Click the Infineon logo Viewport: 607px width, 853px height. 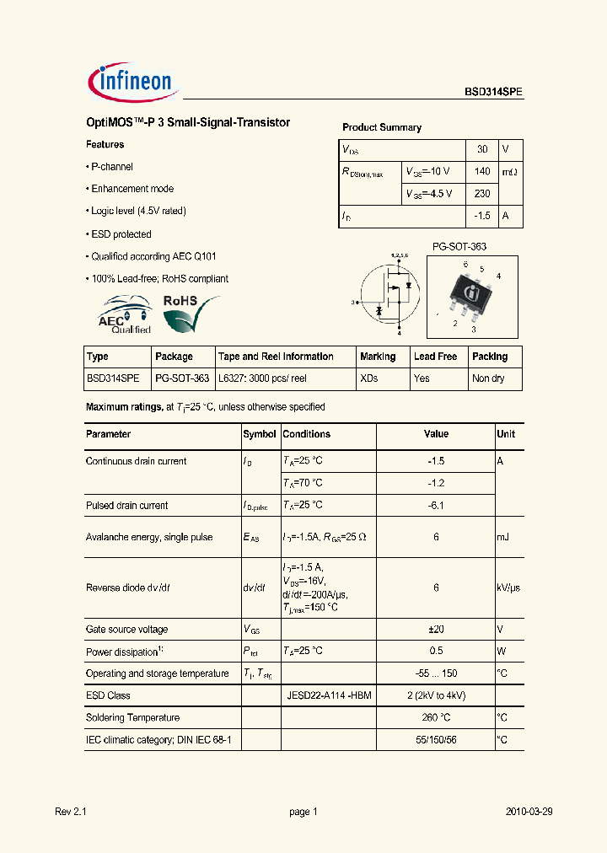point(130,82)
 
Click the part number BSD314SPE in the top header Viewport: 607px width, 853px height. point(494,94)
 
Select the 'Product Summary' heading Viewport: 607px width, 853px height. point(381,127)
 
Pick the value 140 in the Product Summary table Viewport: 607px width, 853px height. point(482,171)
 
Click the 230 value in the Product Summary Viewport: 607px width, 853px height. point(482,194)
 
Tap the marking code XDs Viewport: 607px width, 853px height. point(368,379)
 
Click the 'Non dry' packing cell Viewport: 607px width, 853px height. point(488,379)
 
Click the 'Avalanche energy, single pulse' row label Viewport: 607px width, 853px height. point(148,537)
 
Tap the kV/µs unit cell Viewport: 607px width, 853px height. point(509,588)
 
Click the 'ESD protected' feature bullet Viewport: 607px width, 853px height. point(121,234)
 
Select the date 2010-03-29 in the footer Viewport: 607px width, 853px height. point(529,812)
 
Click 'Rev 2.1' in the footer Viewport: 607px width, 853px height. point(70,812)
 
